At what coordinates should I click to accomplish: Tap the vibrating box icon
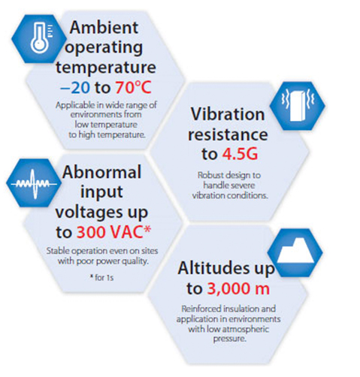click(x=297, y=105)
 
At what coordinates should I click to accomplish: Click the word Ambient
click(x=104, y=27)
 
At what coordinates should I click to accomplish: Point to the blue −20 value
click(x=75, y=88)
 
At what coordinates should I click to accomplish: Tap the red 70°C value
click(x=133, y=88)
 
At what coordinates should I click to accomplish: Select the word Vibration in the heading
click(x=228, y=114)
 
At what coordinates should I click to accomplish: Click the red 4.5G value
click(x=240, y=154)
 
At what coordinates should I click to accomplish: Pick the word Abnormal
click(x=102, y=172)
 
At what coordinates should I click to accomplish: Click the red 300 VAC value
click(x=114, y=232)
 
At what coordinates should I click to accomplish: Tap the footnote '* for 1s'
click(x=101, y=277)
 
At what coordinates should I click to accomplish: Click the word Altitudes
click(x=213, y=268)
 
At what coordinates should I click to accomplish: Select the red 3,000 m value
click(x=238, y=288)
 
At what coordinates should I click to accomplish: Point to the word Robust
click(x=210, y=175)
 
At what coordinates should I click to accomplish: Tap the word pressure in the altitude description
click(x=229, y=339)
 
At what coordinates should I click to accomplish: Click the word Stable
click(x=56, y=251)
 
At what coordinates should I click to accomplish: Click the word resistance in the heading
click(x=228, y=134)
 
